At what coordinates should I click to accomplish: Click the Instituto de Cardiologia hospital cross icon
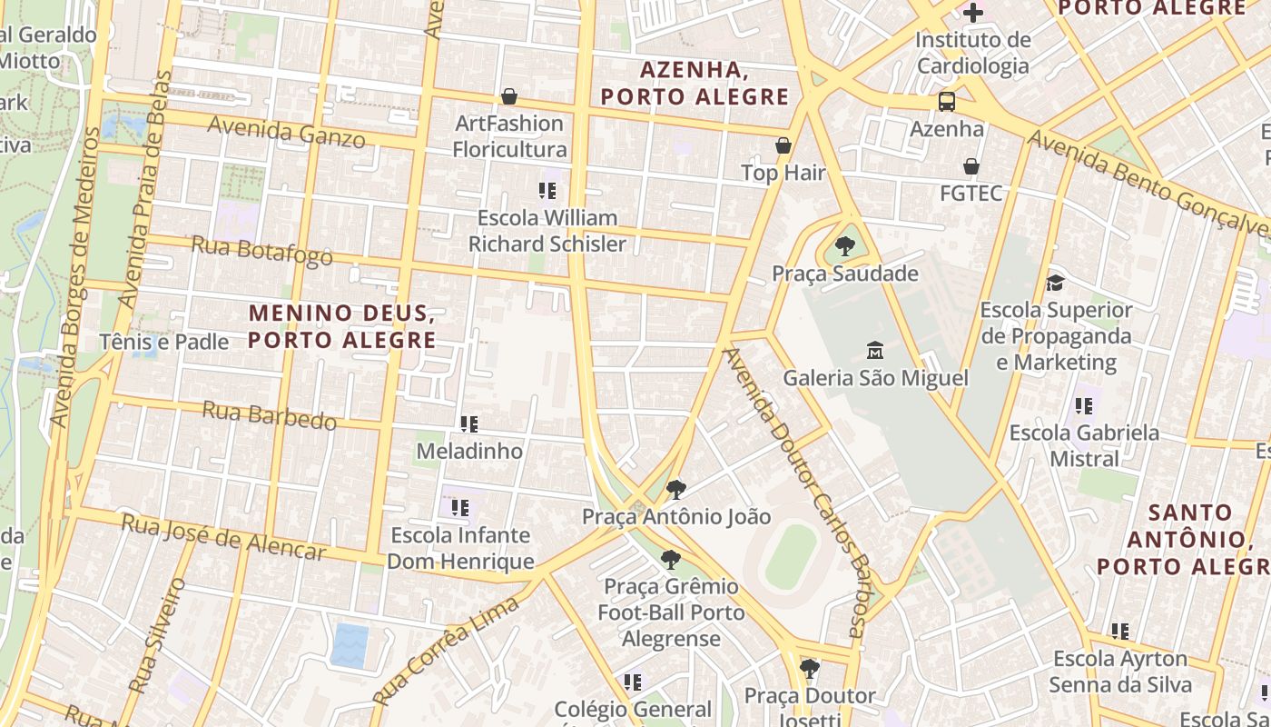(x=973, y=13)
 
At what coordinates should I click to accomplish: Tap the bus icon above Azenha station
(x=947, y=101)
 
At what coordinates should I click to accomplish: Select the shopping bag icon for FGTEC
(x=971, y=166)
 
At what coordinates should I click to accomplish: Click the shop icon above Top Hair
(x=783, y=145)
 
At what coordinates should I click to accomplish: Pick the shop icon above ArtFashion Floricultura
(x=509, y=96)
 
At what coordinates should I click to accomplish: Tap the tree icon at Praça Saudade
(x=845, y=245)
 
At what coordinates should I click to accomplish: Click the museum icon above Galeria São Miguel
(x=875, y=350)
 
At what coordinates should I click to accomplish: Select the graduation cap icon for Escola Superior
(x=1055, y=283)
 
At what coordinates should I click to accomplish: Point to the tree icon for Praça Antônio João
(x=675, y=490)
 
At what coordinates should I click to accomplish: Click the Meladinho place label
(x=469, y=451)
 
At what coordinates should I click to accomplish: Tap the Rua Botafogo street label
(x=261, y=251)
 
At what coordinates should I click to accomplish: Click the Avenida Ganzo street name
(x=286, y=132)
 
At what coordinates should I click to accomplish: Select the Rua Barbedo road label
(x=269, y=415)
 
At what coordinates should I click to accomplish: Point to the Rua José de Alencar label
(x=222, y=537)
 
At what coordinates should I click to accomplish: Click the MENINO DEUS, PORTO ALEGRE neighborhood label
(x=341, y=326)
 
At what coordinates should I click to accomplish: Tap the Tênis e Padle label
(x=164, y=342)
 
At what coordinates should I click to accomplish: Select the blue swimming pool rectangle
(x=350, y=644)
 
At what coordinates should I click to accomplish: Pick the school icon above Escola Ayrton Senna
(x=1120, y=631)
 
